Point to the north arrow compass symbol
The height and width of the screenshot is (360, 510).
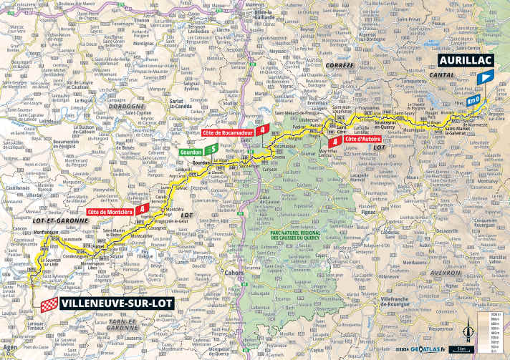(469, 331)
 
